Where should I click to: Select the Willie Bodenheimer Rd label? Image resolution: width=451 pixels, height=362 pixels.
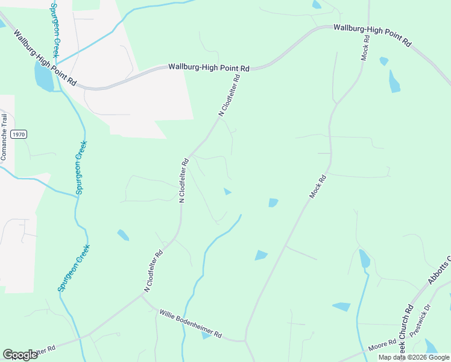pos(191,323)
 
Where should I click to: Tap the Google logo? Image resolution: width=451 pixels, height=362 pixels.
pos(20,355)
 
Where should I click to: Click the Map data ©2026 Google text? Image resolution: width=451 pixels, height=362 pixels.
pos(414,357)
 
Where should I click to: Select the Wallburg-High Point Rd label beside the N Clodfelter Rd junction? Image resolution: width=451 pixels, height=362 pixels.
pos(209,68)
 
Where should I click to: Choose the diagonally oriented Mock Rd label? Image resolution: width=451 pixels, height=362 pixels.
pos(318,186)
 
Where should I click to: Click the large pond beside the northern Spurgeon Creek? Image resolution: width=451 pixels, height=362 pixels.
pos(43,75)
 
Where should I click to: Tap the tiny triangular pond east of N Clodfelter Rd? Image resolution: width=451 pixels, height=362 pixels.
pos(227,192)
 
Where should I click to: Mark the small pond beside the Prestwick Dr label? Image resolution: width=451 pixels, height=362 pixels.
pos(430,346)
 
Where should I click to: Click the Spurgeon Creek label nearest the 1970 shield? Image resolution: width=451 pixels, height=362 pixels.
pos(80,169)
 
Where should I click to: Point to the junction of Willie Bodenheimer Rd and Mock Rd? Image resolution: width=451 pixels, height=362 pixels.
pos(245,341)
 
